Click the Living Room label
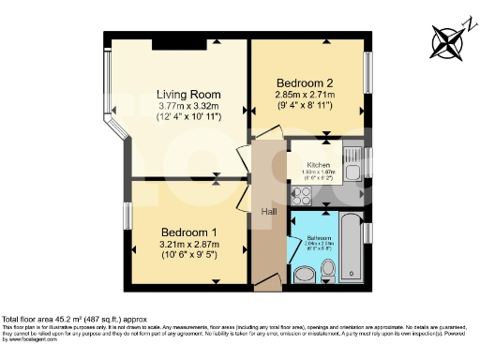187,95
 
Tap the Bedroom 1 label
189,232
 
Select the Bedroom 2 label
305,82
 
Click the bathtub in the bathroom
351,247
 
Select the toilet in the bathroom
327,271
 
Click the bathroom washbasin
303,274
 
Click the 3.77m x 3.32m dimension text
188,108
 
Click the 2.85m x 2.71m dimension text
305,95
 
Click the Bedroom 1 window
128,217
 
